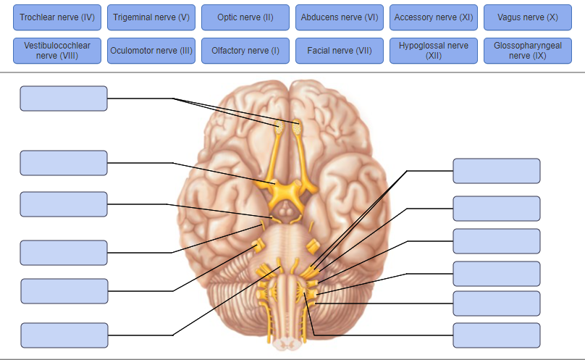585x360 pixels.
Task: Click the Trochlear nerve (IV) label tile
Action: click(x=57, y=17)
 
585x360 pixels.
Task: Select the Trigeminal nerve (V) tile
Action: click(x=151, y=17)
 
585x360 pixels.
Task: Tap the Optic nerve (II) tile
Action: click(x=245, y=17)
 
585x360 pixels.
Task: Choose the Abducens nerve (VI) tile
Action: click(x=340, y=17)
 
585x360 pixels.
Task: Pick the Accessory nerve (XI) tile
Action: click(x=434, y=17)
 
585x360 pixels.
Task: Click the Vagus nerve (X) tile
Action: click(x=528, y=17)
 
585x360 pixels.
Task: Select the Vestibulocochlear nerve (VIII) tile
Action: click(x=57, y=51)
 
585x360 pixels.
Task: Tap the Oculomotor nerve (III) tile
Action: click(x=151, y=51)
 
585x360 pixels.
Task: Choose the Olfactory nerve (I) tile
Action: click(x=245, y=51)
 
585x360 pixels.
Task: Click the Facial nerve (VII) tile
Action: click(x=340, y=51)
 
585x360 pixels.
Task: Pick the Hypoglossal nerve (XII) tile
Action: click(x=434, y=51)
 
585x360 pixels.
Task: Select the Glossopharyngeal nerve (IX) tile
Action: click(x=528, y=51)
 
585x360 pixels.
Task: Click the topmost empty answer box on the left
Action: click(x=64, y=99)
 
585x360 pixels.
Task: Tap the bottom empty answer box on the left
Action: click(x=64, y=335)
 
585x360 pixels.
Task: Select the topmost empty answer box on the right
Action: click(x=497, y=171)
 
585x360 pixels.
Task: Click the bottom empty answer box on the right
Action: click(x=497, y=335)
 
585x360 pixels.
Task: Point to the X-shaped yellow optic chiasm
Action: click(x=287, y=193)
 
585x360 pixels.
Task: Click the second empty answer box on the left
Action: click(x=64, y=163)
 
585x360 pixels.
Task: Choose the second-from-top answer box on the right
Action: click(x=497, y=209)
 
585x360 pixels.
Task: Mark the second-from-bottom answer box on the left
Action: click(x=64, y=291)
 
